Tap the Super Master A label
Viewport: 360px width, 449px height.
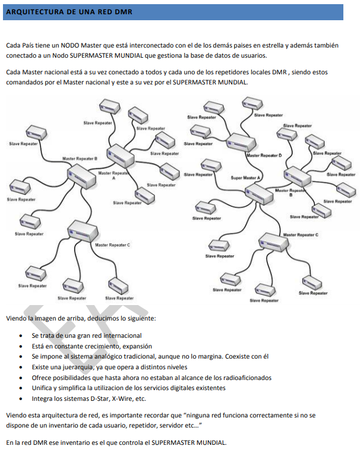click(x=245, y=178)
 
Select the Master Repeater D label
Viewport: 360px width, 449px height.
click(x=264, y=155)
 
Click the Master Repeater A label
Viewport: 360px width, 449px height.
click(x=113, y=175)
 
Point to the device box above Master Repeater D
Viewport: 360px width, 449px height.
click(x=241, y=142)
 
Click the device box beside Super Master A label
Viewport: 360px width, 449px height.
click(x=259, y=194)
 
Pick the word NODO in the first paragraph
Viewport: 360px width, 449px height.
click(x=70, y=46)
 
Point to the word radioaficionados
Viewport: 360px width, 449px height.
click(x=247, y=378)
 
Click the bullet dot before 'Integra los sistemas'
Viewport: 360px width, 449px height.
click(x=21, y=399)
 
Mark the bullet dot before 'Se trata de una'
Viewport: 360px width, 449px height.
click(x=21, y=336)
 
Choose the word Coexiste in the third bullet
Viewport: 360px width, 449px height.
click(x=237, y=357)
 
